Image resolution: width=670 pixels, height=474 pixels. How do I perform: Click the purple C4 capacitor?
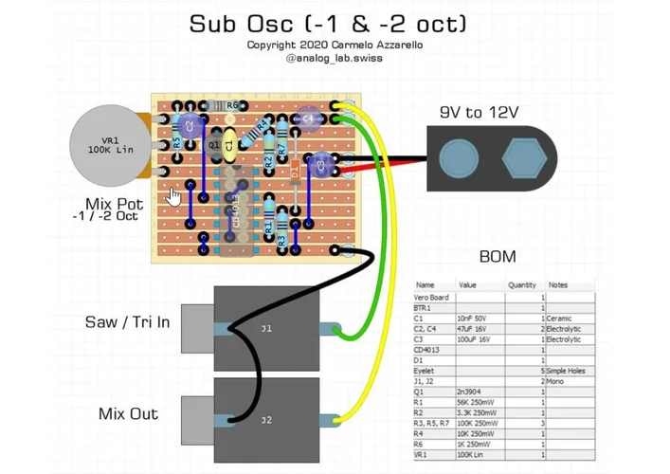(x=305, y=118)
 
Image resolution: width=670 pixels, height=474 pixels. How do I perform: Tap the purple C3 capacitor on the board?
(x=321, y=165)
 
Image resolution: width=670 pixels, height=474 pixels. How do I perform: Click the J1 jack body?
(x=266, y=328)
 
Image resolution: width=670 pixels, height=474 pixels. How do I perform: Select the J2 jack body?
(x=266, y=418)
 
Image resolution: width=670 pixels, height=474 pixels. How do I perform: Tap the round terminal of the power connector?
(x=459, y=157)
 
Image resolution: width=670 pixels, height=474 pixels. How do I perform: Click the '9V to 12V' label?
(x=479, y=113)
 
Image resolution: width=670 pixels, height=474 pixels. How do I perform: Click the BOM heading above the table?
(x=497, y=257)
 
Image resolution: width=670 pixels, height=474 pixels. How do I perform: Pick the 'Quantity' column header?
(x=521, y=284)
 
